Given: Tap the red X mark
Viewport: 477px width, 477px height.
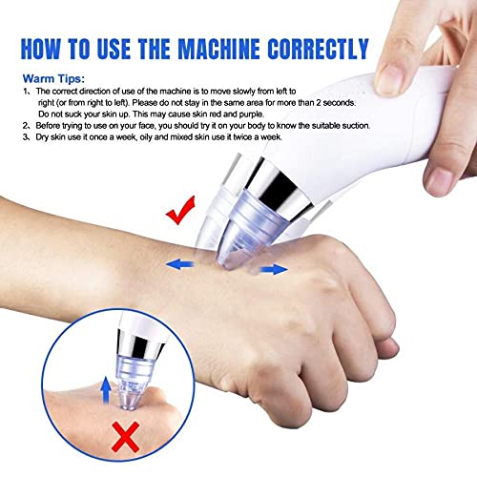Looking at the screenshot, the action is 126,437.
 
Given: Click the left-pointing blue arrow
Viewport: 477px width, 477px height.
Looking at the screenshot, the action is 180,264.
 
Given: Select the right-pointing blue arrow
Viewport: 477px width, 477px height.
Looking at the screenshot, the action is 274,270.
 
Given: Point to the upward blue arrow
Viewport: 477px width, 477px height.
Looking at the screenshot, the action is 106,390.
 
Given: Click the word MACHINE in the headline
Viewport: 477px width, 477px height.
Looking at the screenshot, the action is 218,49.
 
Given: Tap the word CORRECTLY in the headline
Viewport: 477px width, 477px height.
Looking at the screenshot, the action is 318,49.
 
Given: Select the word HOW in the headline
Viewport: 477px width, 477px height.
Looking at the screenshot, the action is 40,49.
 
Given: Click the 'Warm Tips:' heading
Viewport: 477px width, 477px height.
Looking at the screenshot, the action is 53,78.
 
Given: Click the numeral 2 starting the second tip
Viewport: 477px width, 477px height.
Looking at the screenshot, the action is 25,126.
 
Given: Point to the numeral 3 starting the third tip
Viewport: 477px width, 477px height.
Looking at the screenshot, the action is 25,137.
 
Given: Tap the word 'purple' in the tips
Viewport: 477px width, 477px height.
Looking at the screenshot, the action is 252,114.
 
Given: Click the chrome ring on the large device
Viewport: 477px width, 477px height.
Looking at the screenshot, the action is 280,188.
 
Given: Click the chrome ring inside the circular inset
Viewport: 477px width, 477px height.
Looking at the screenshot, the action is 140,343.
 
